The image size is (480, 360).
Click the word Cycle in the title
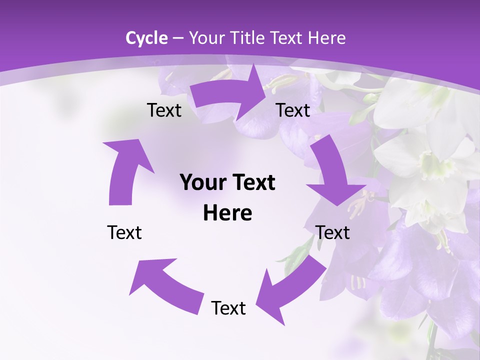[146, 38]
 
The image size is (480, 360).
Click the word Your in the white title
[208, 38]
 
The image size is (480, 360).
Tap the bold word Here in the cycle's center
[227, 213]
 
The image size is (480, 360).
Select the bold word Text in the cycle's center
[252, 183]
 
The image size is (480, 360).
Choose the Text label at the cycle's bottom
[228, 308]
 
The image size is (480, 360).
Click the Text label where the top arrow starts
[164, 110]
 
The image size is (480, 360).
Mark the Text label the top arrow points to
[293, 110]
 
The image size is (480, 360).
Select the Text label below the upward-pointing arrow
[125, 232]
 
